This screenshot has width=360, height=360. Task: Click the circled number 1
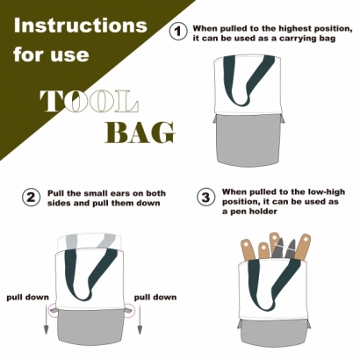pyautogui.click(x=178, y=32)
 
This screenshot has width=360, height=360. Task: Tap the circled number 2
pyautogui.click(x=31, y=198)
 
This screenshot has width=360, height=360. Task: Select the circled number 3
pyautogui.click(x=206, y=197)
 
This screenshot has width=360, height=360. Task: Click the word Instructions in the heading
pyautogui.click(x=81, y=25)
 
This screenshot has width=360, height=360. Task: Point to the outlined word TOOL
pyautogui.click(x=89, y=101)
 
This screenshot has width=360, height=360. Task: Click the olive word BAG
pyautogui.click(x=140, y=133)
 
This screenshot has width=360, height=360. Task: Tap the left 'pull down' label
pyautogui.click(x=28, y=298)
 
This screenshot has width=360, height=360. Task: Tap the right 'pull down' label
pyautogui.click(x=155, y=298)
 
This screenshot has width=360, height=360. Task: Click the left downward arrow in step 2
pyautogui.click(x=46, y=320)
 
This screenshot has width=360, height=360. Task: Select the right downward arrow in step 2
pyautogui.click(x=140, y=320)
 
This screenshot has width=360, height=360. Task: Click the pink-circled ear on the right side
pyautogui.click(x=128, y=311)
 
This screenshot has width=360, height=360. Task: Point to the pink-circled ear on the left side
pyautogui.click(x=54, y=310)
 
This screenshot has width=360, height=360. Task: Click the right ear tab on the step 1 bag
pyautogui.click(x=283, y=119)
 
